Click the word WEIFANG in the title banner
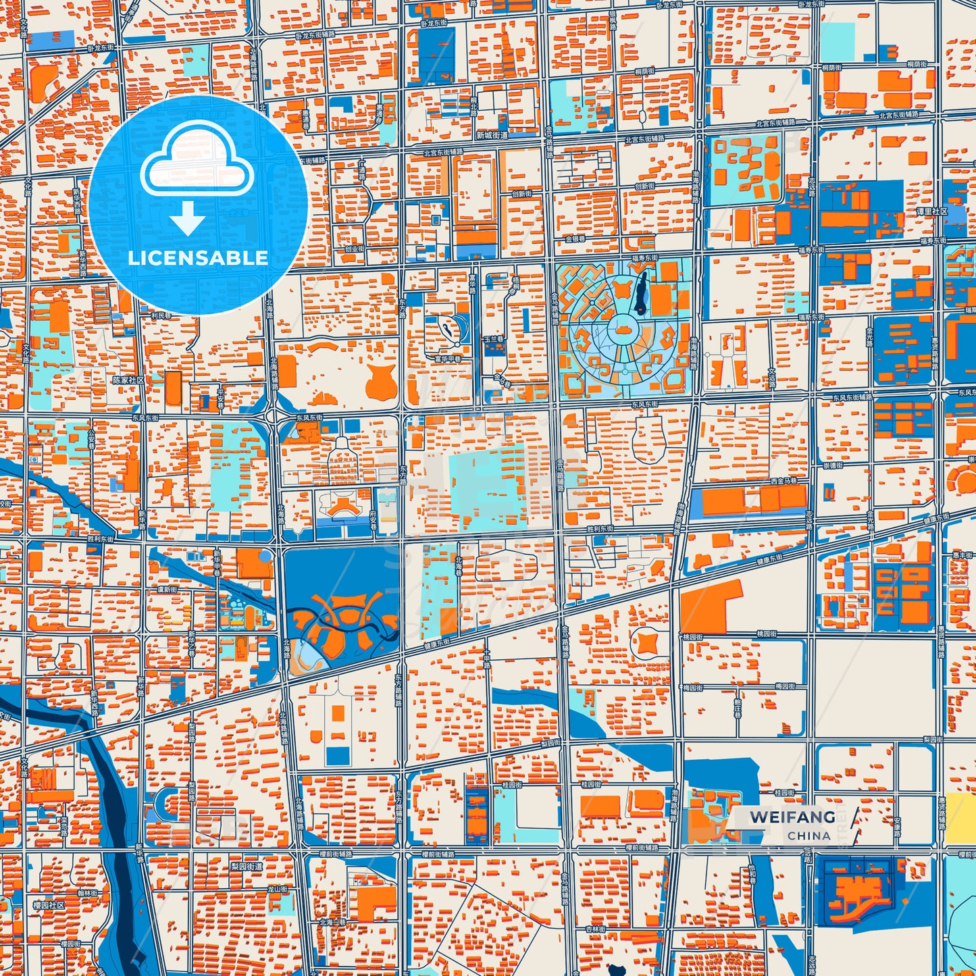(792, 817)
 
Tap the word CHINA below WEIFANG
(808, 836)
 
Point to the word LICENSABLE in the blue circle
(198, 258)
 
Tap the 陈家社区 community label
(128, 380)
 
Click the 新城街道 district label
(491, 135)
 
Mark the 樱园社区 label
(49, 904)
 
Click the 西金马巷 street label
(784, 482)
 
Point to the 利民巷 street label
(161, 315)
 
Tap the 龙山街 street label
(278, 890)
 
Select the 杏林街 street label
(595, 929)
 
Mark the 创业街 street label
(354, 248)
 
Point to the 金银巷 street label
(575, 238)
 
